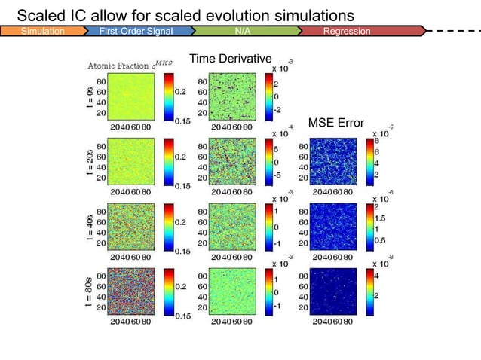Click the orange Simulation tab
(42, 32)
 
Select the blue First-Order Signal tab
(136, 32)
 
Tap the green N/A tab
(243, 32)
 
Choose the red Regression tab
(347, 32)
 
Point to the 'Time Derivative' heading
(230, 59)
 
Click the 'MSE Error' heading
(335, 123)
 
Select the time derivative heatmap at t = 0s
(234, 96)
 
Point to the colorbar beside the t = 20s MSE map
(369, 160)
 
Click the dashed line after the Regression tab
(452, 32)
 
